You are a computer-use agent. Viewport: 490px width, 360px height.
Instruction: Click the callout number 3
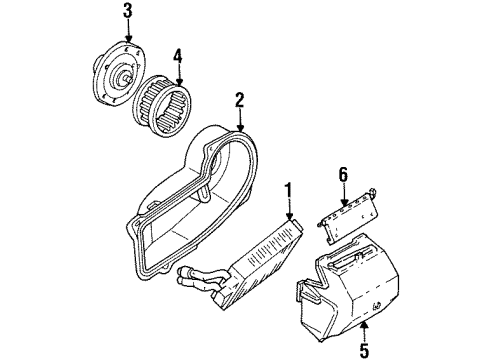tap(127, 11)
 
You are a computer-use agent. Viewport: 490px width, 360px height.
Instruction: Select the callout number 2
tap(240, 99)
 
